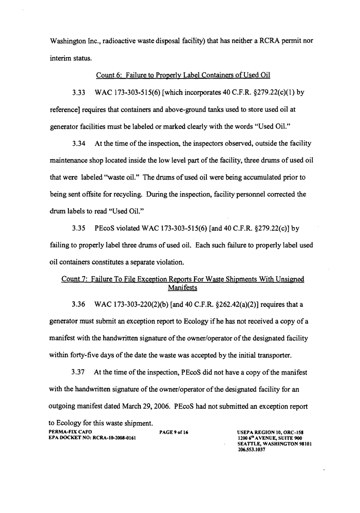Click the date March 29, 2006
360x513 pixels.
coord(131,404)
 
